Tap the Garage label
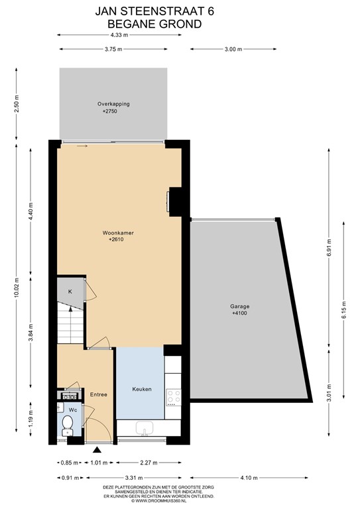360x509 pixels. point(240,307)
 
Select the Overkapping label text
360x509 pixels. point(113,104)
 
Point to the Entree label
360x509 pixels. point(99,395)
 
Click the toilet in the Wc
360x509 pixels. point(66,424)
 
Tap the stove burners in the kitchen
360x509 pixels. point(173,397)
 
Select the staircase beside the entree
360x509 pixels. point(70,325)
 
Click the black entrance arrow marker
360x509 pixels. point(98,451)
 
